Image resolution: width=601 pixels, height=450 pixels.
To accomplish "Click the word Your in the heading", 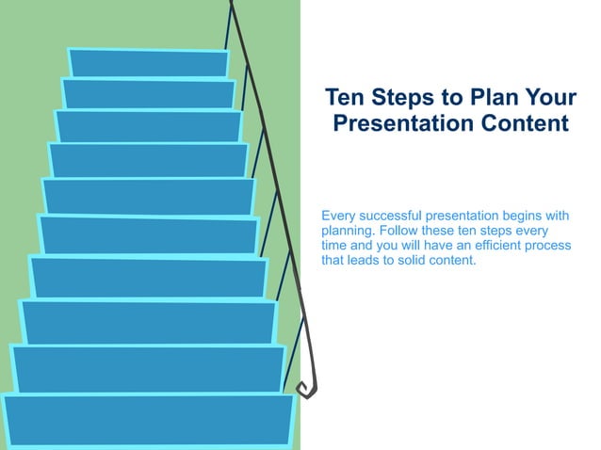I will click(x=550, y=99).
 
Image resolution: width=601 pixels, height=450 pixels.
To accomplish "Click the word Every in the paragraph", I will click(x=339, y=217).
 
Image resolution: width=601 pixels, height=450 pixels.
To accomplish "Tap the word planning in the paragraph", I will click(x=349, y=232).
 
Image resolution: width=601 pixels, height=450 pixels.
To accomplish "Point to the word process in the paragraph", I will click(x=546, y=246).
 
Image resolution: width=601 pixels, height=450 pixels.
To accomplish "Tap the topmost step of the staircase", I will click(x=149, y=63).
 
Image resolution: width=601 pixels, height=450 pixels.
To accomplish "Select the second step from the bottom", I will click(x=148, y=369).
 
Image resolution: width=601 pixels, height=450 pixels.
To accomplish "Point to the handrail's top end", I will click(x=230, y=4).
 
